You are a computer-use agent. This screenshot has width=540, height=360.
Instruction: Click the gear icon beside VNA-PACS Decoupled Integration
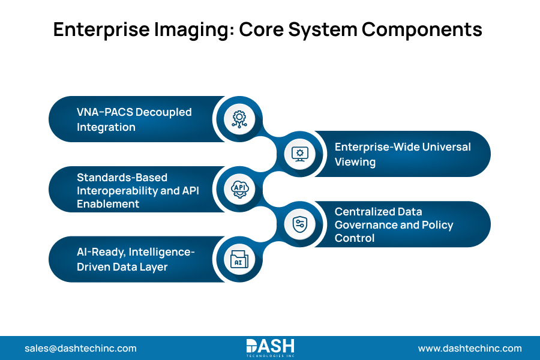(239, 119)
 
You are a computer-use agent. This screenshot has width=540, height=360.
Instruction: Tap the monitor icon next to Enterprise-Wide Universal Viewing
(299, 154)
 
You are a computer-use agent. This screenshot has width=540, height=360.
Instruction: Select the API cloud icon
(239, 189)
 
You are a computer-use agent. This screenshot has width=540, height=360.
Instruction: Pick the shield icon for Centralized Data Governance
(299, 224)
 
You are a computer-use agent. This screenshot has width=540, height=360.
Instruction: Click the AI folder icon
(239, 259)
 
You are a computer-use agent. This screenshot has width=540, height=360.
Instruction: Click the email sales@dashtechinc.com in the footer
(80, 348)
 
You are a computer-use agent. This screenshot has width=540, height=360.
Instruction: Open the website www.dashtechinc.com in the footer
(470, 348)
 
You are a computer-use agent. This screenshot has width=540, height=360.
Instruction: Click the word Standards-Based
(122, 178)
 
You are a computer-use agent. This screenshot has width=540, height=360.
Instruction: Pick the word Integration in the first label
(106, 127)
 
